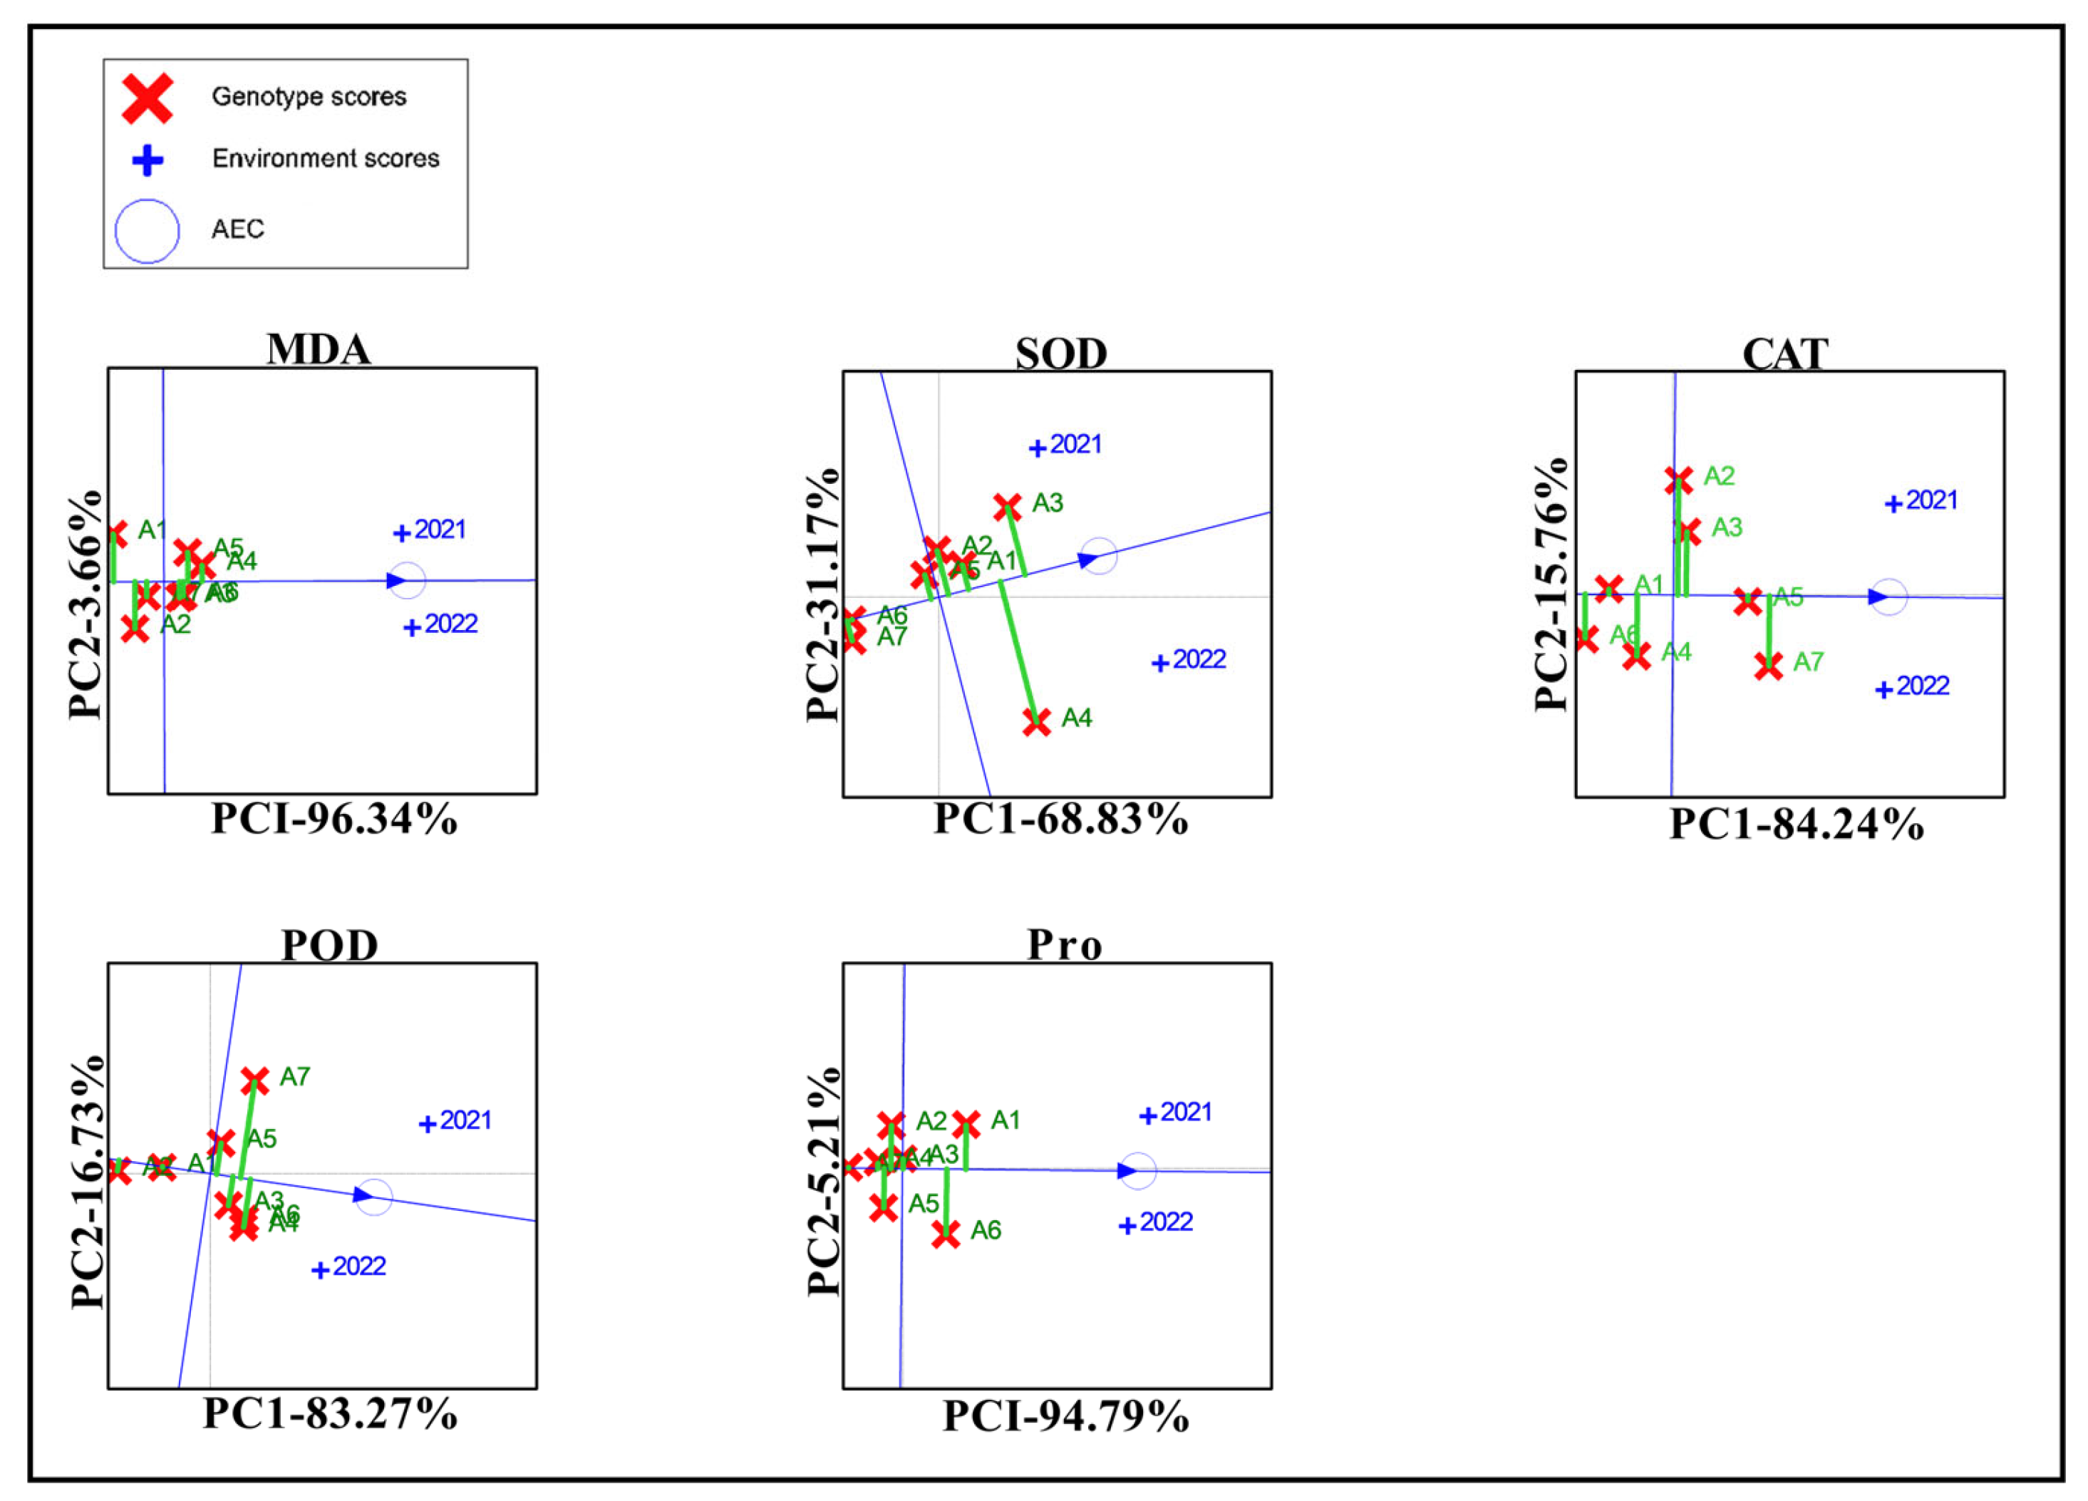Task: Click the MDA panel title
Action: click(x=319, y=350)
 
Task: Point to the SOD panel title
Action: click(x=1060, y=354)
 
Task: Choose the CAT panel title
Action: click(x=1784, y=354)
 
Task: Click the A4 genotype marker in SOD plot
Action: click(x=1037, y=722)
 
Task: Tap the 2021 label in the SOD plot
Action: click(x=1075, y=445)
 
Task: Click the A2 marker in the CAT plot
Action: click(x=1678, y=480)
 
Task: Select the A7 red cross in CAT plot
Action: click(x=1767, y=665)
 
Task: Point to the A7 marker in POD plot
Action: click(x=255, y=1080)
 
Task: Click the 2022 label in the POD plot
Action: click(x=359, y=1267)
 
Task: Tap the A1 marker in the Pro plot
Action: click(x=966, y=1123)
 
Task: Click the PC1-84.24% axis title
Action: click(x=1796, y=824)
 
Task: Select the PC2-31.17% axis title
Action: click(x=823, y=596)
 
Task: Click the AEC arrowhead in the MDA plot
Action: click(x=396, y=580)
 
